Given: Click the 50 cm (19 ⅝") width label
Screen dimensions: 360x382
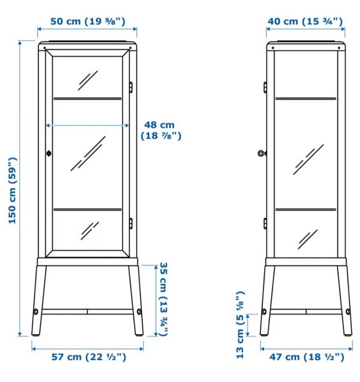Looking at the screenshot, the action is (88, 21).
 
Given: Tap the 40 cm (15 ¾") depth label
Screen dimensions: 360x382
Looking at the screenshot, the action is (305, 21).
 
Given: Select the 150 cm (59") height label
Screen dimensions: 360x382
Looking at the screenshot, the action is (12, 191).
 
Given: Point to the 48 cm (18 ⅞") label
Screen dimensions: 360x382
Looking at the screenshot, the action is (161, 130).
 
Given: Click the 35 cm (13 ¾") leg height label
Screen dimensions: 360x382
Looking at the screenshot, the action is (163, 299).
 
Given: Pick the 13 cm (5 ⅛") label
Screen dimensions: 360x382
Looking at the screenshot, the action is (240, 325).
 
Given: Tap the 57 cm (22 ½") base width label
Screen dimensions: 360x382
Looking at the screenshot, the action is (89, 357).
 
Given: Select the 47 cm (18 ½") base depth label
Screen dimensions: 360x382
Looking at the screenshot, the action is (307, 357).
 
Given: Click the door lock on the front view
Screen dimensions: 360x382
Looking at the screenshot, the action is (49, 153).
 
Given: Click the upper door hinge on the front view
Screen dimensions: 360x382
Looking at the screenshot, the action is (131, 87).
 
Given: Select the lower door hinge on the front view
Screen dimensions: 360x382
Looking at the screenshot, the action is (131, 224).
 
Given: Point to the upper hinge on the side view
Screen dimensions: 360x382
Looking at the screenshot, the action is (265, 87).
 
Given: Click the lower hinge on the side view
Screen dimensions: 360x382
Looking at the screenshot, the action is (265, 224).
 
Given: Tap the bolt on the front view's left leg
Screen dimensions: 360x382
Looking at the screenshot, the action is (36, 311).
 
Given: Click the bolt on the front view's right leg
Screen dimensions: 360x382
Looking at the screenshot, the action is (139, 311).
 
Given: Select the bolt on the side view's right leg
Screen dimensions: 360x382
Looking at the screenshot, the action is (348, 311).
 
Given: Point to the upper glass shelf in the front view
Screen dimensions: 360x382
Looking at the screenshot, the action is (87, 98).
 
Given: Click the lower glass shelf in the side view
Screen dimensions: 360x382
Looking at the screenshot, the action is (306, 209).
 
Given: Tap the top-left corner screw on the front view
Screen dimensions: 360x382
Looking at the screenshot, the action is (44, 48).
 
